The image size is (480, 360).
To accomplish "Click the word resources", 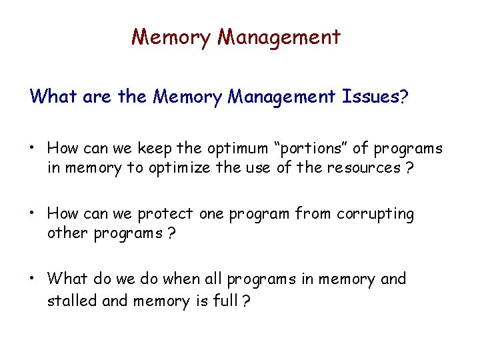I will (x=361, y=168).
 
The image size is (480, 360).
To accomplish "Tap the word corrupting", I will (x=375, y=215).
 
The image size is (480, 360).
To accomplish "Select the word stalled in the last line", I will (x=72, y=301).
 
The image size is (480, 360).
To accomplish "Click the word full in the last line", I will (x=224, y=301).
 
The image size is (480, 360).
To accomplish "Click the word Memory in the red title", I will (x=171, y=37).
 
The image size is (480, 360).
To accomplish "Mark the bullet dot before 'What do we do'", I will (x=33, y=279).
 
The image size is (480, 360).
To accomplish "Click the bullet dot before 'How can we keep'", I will (x=33, y=148).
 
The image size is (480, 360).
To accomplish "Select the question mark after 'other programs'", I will (x=171, y=235).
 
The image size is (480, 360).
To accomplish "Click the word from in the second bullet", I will (x=313, y=215).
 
